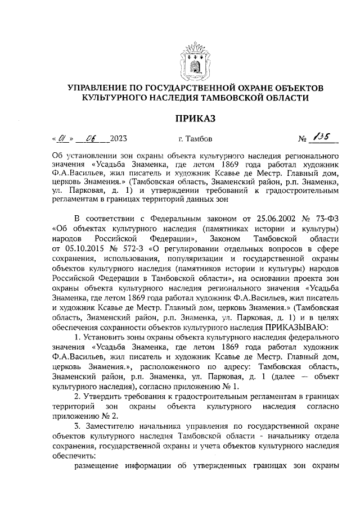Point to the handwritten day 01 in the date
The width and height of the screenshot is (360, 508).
coord(64,137)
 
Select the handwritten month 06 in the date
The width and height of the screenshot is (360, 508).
coord(91,137)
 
